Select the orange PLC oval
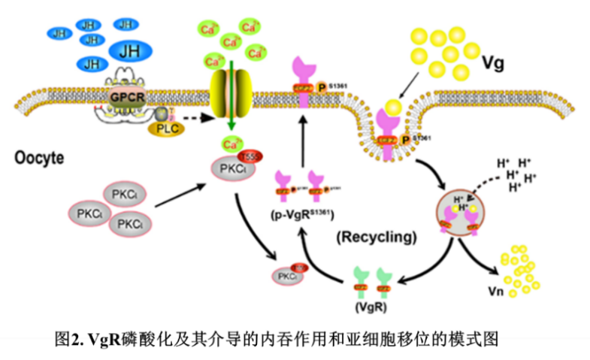162,129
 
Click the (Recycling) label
376,237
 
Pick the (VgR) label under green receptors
374,306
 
